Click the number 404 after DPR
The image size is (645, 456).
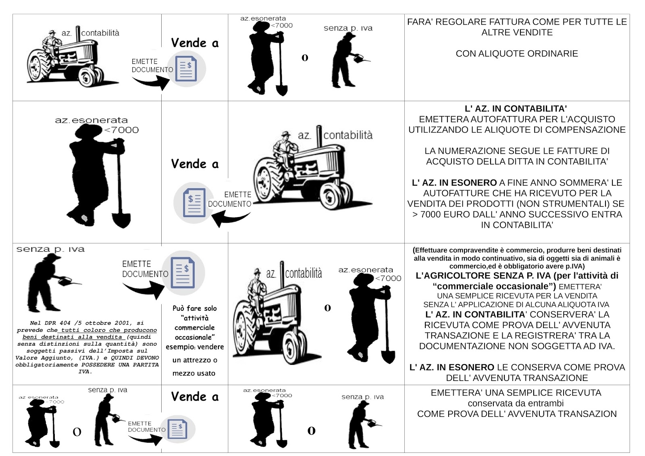(x=64, y=323)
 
